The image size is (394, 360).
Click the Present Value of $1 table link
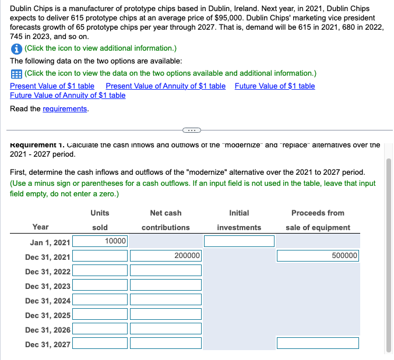(x=52, y=86)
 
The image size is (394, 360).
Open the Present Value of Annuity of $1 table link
(x=166, y=86)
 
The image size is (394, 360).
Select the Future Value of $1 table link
(x=275, y=86)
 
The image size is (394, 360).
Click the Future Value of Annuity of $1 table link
(x=68, y=96)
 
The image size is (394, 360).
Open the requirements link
(x=65, y=109)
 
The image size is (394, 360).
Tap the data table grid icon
(x=16, y=73)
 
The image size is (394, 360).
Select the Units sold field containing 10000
(x=100, y=241)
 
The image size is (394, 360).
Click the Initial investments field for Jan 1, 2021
(x=239, y=241)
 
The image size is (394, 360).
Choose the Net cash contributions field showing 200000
(x=166, y=256)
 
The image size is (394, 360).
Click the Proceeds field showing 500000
(x=318, y=256)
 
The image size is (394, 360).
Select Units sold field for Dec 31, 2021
(x=100, y=256)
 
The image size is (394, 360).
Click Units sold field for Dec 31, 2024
(x=100, y=300)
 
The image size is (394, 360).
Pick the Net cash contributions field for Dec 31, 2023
(x=166, y=285)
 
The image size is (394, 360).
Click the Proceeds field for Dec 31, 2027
(x=318, y=344)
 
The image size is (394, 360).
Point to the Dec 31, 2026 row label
(x=48, y=330)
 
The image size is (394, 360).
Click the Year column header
(x=41, y=227)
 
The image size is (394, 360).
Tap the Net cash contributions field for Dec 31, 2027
(x=166, y=344)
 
